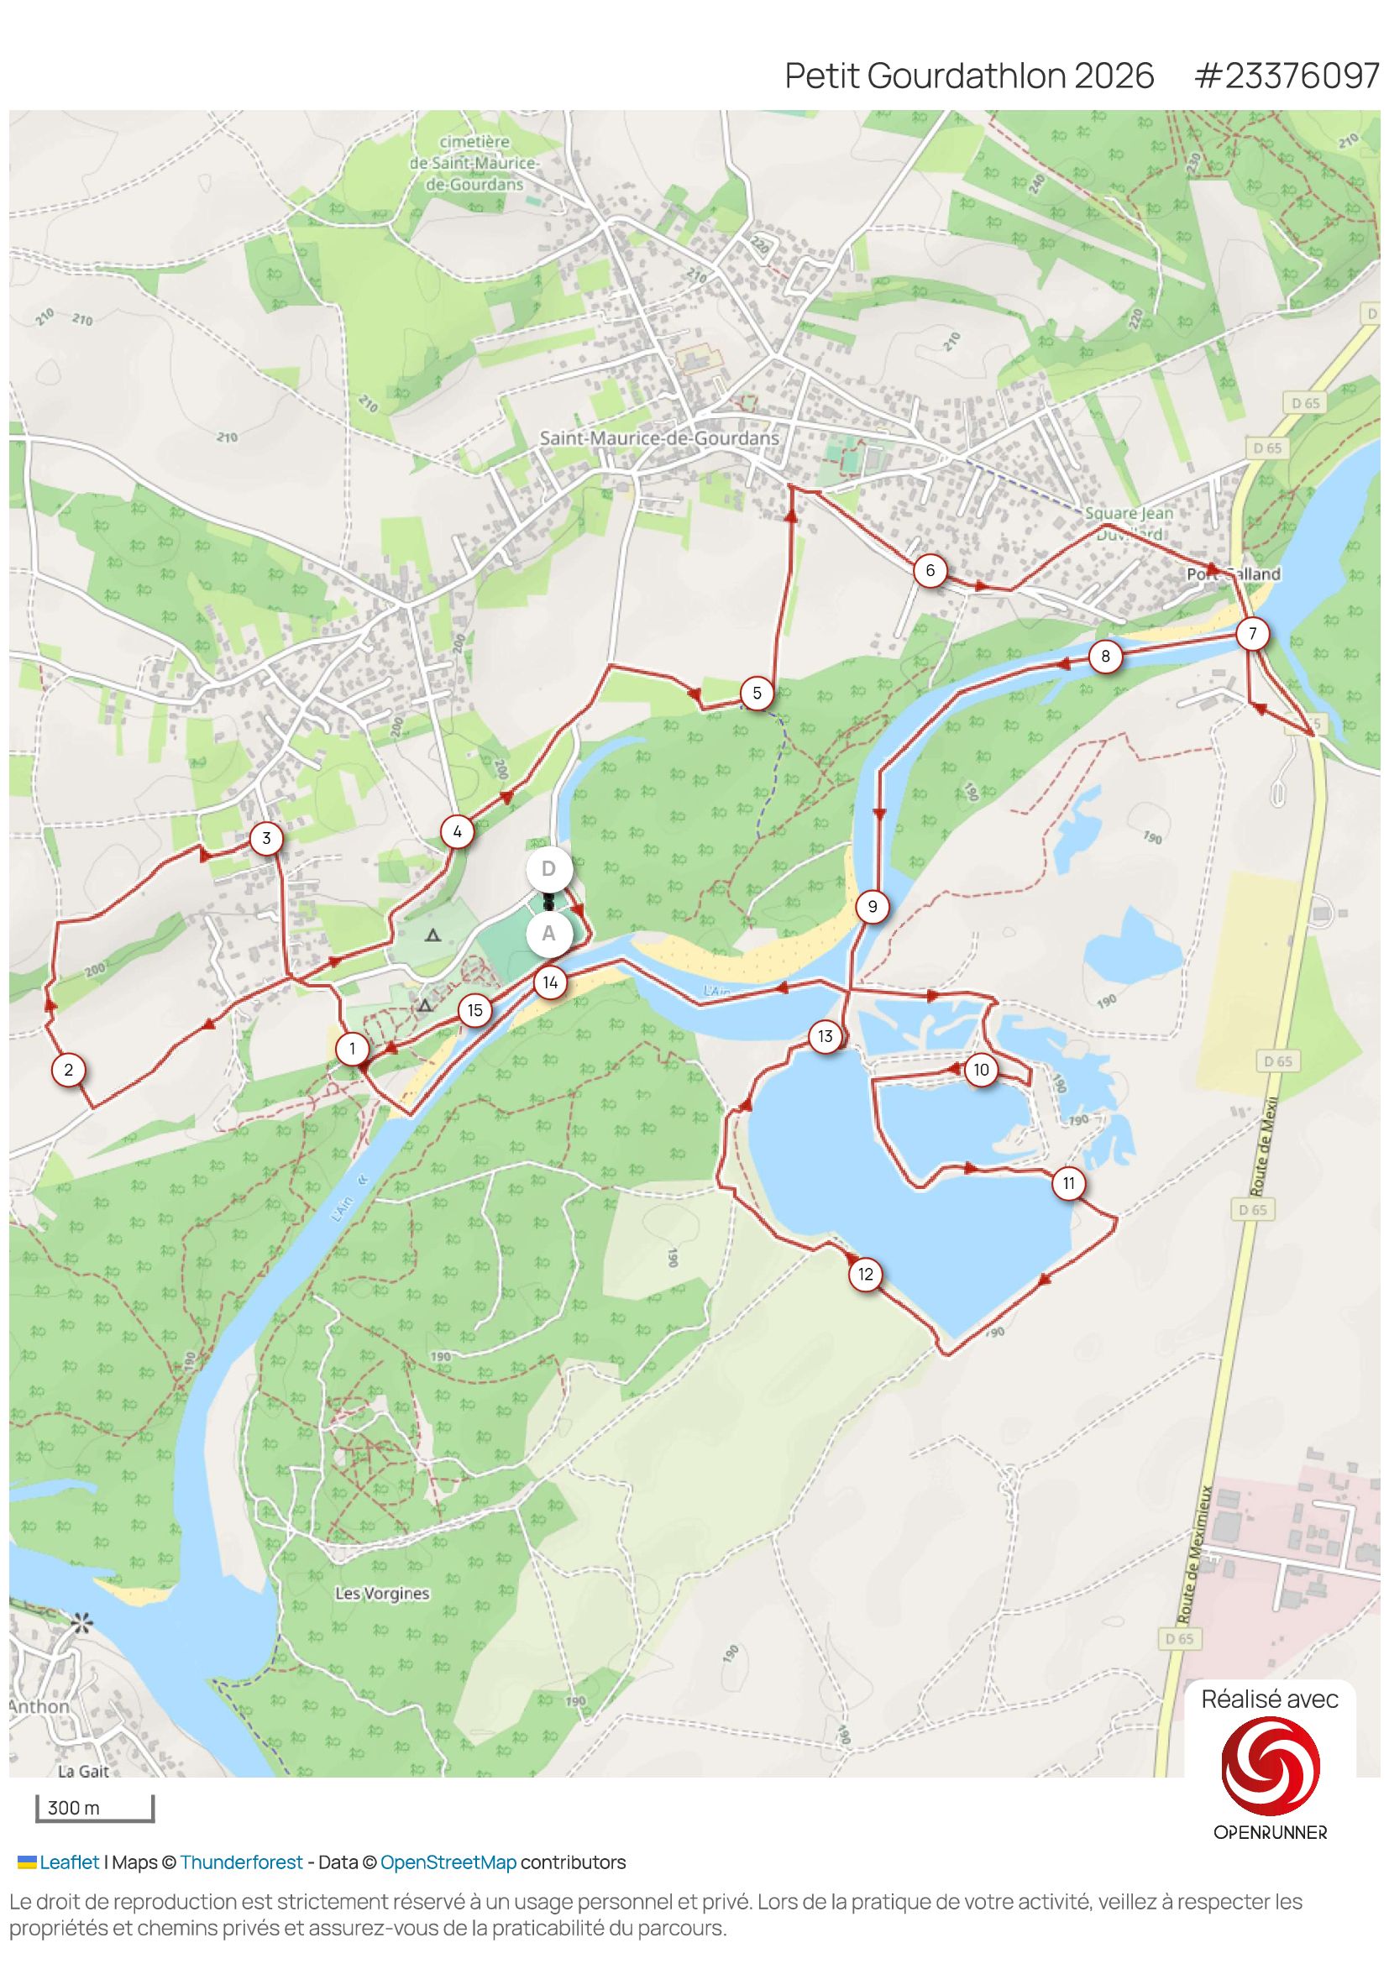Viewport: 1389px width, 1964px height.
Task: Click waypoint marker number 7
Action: pos(1252,634)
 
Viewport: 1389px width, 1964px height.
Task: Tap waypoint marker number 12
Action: pos(866,1275)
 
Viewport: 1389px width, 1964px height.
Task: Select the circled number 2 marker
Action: pos(68,1069)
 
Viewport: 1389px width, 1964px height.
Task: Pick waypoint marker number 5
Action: pos(756,693)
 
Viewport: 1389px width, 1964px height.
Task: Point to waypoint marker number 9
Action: pos(872,907)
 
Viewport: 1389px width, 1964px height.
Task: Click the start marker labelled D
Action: pos(548,869)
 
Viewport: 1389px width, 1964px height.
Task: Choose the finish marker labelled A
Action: pos(548,934)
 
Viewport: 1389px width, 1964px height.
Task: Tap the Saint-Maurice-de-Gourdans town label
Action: pos(658,438)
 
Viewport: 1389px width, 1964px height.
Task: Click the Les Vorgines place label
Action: pos(381,1594)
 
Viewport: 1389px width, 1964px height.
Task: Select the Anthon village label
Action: pos(39,1706)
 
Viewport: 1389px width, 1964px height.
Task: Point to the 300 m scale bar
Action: pos(94,1808)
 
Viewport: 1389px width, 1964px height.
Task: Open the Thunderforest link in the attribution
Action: pos(241,1862)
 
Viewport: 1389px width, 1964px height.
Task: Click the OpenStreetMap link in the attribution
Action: pos(448,1862)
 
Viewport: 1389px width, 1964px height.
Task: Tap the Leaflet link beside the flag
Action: pos(69,1862)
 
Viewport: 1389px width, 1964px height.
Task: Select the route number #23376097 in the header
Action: pos(1287,76)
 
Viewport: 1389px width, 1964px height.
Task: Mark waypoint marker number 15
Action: pos(474,1010)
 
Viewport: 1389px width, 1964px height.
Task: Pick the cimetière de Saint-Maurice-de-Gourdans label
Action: pos(474,163)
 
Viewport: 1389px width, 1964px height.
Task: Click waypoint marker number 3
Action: pos(266,838)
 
